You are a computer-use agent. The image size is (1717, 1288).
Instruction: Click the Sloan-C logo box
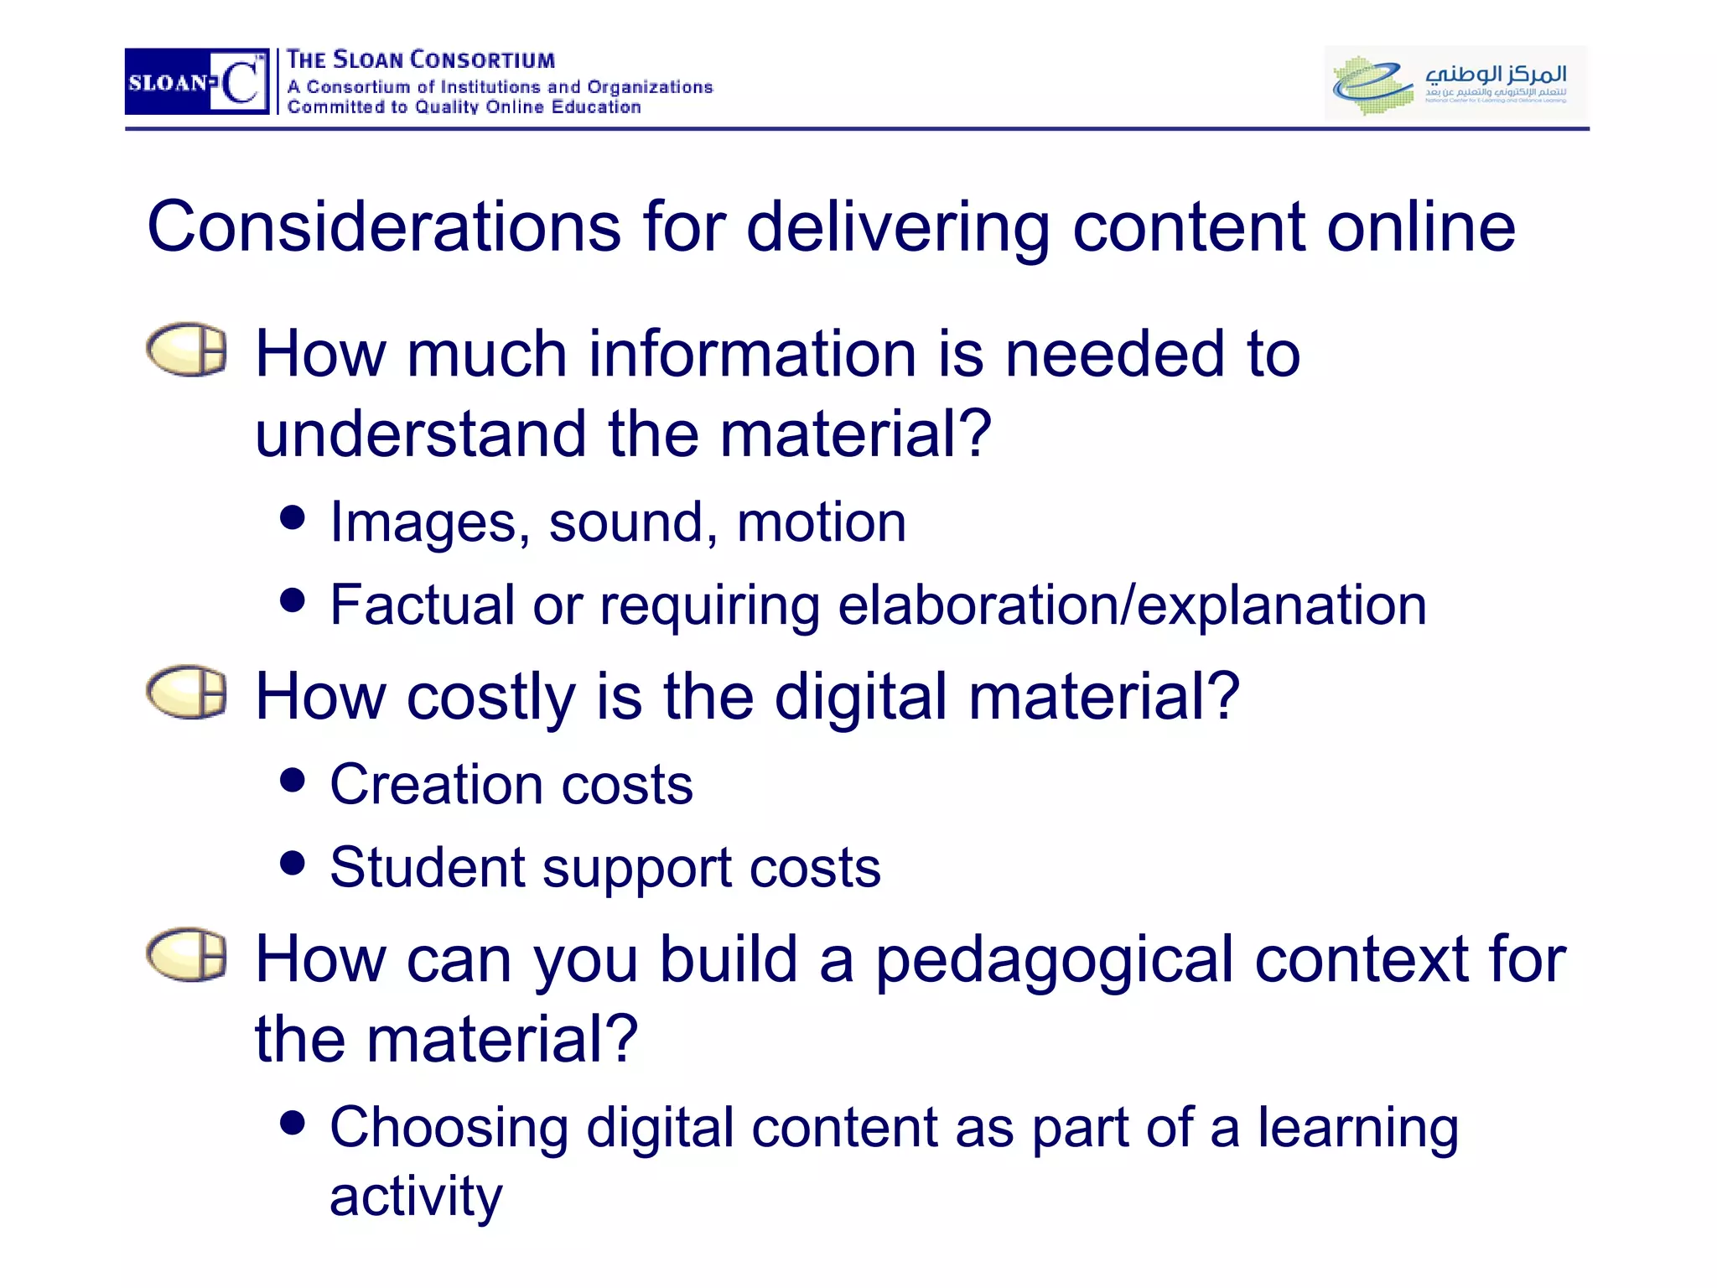(x=197, y=81)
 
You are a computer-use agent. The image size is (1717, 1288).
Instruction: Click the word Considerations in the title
(x=384, y=227)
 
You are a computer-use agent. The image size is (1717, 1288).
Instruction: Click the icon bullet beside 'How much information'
(x=187, y=349)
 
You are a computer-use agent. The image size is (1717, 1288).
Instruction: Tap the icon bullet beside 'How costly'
(x=187, y=693)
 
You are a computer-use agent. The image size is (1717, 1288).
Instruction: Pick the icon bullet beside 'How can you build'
(x=187, y=954)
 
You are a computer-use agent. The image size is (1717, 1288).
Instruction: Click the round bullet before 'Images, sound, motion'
(x=293, y=517)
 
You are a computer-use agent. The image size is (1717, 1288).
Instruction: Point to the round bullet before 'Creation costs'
(x=293, y=780)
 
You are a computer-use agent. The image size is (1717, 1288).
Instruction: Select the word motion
(x=822, y=523)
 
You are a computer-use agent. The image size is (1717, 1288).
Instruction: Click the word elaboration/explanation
(x=1132, y=606)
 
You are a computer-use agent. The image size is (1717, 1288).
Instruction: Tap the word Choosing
(x=449, y=1129)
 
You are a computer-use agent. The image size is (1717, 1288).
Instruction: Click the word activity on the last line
(x=416, y=1196)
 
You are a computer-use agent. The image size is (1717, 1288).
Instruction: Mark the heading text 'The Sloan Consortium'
(x=420, y=60)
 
